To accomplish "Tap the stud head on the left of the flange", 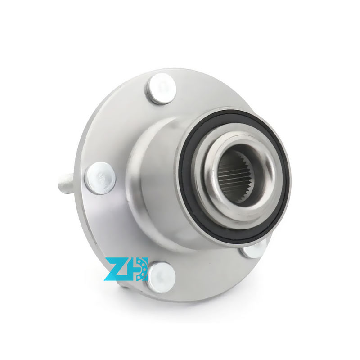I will [x=100, y=178].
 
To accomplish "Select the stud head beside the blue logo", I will [x=161, y=277].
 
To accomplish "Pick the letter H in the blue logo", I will [x=133, y=269].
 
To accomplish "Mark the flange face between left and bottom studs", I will [x=108, y=225].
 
